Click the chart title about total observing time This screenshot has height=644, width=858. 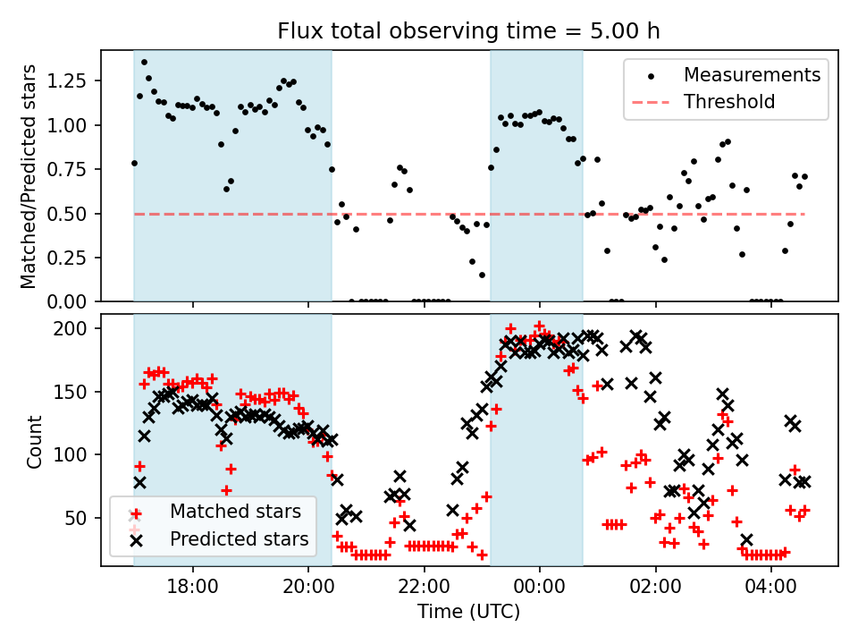tap(468, 31)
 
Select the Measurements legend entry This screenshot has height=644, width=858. tap(752, 75)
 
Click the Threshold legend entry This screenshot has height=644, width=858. tap(729, 102)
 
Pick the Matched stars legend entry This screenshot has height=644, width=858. tap(235, 513)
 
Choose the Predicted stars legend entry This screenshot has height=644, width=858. tap(239, 539)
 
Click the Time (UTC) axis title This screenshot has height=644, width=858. tap(468, 613)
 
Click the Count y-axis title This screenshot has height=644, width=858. tap(34, 441)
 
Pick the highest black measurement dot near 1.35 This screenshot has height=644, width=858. tap(144, 63)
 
